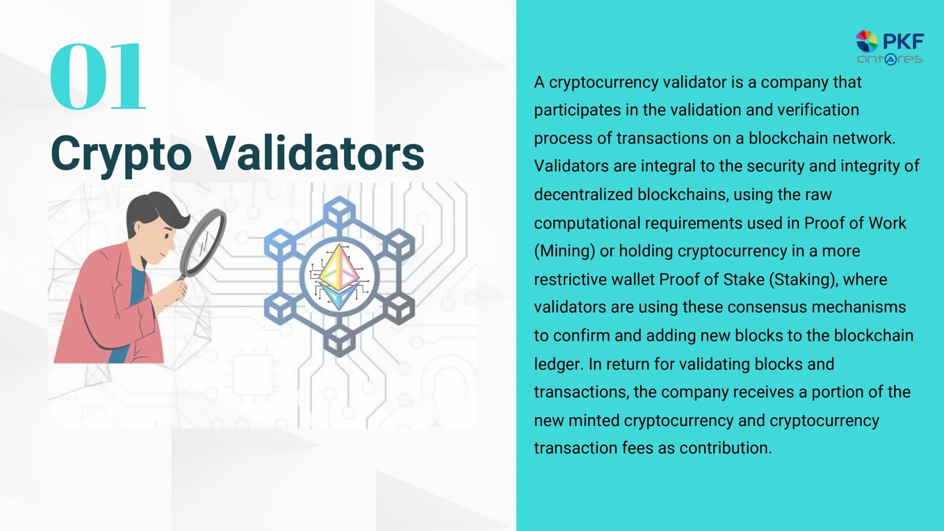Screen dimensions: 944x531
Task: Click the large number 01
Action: [x=98, y=76]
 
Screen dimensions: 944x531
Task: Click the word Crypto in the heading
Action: [x=122, y=154]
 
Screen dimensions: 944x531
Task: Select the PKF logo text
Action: [x=904, y=42]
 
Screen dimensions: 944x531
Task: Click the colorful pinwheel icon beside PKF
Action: [x=867, y=41]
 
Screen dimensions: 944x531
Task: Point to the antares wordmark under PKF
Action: [x=890, y=59]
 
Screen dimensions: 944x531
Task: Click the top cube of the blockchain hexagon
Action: [x=339, y=211]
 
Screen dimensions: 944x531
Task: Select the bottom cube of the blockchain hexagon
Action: [x=339, y=341]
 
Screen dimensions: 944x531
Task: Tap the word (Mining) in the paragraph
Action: [x=564, y=251]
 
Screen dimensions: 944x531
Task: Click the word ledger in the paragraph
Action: [x=559, y=364]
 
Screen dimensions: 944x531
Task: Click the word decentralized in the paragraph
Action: [x=583, y=195]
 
